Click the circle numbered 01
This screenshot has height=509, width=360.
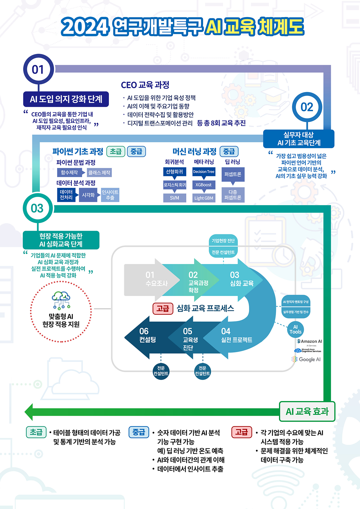click(38, 69)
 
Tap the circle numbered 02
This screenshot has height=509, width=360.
click(307, 107)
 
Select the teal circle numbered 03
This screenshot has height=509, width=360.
click(37, 208)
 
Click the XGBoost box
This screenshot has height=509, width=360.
click(204, 185)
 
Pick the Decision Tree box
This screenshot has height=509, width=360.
click(204, 172)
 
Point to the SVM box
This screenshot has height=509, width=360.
click(174, 198)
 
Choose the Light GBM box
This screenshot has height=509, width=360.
click(204, 198)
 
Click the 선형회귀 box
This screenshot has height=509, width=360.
click(174, 172)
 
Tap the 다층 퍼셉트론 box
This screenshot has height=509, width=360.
click(233, 195)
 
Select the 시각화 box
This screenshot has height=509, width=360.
click(88, 195)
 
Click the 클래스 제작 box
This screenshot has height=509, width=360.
click(99, 172)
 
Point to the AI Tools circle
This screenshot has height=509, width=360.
click(295, 329)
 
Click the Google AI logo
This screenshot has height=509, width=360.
click(307, 359)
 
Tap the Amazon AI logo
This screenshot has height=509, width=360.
click(310, 342)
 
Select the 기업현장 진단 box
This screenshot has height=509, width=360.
click(223, 241)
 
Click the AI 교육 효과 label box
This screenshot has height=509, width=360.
click(307, 412)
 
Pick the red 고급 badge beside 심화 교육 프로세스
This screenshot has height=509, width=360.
click(163, 308)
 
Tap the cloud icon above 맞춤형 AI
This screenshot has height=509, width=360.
click(61, 297)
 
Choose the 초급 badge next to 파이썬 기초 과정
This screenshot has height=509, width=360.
click(116, 151)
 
